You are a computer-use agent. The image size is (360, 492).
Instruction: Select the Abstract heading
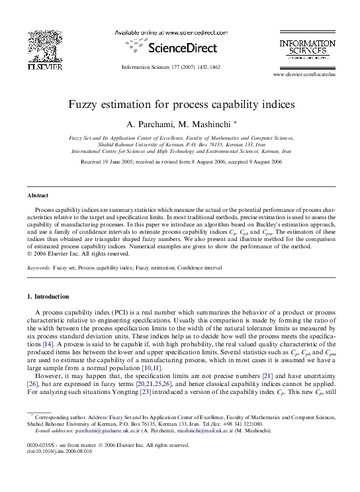point(38,196)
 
